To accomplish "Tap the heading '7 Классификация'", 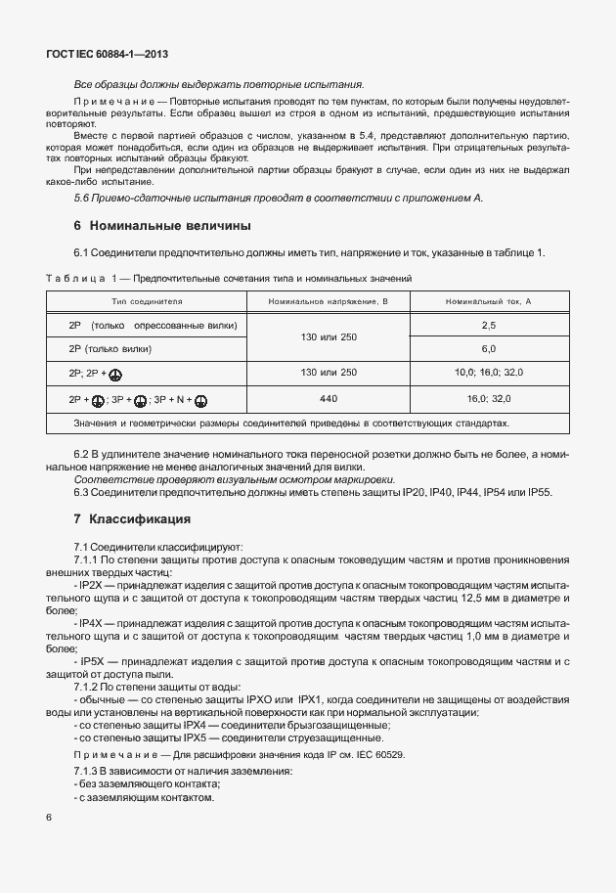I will click(131, 517).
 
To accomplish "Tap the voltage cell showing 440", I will click(329, 399).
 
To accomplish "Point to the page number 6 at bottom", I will click(48, 817).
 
